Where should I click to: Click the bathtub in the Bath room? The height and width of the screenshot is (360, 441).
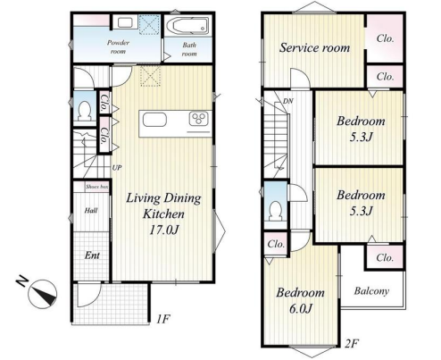coord(187,25)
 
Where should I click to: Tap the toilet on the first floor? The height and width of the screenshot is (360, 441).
coord(84,111)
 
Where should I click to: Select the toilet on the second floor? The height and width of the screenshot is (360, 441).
coord(275,211)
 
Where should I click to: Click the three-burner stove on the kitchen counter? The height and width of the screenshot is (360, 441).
coord(199,119)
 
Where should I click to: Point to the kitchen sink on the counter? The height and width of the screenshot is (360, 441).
coord(154,120)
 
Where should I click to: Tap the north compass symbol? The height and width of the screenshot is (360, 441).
coord(42,293)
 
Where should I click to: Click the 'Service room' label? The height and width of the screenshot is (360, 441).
coord(314,47)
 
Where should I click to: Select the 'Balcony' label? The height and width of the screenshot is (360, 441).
coord(371,291)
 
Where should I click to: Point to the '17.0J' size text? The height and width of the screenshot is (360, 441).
coord(164,230)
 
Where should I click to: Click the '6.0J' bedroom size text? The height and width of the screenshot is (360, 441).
coord(301,309)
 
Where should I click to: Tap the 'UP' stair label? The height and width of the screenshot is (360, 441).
coord(117,168)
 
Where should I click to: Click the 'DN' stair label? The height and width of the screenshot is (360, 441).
coord(287,101)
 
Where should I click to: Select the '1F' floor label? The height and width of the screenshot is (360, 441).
coord(163,319)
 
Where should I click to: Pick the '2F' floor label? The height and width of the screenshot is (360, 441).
coord(351,344)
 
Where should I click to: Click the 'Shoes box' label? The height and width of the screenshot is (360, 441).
coord(96,187)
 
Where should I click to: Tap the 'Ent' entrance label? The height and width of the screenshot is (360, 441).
coord(92,255)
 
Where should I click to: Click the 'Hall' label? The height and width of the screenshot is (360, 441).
coord(91,211)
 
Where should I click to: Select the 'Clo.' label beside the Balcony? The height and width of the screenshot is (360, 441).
coord(385,257)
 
